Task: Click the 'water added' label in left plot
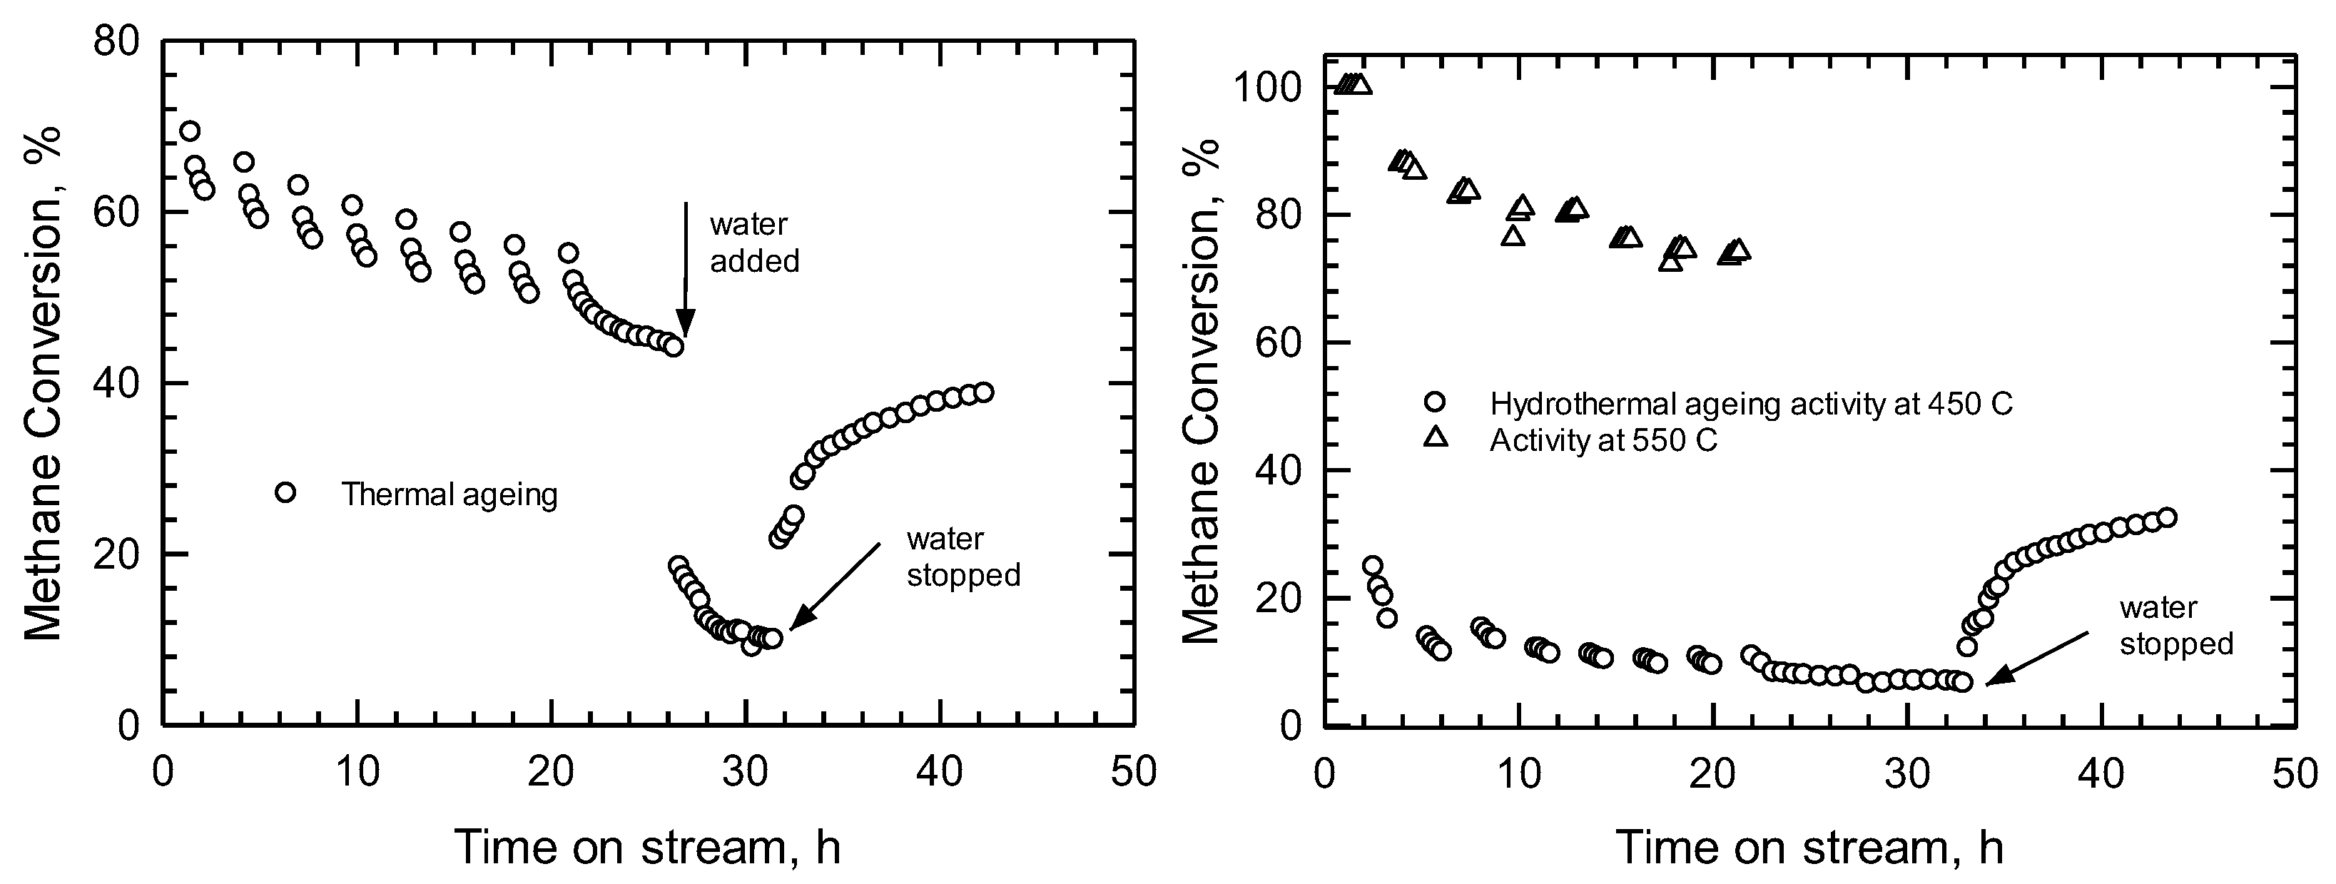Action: click(753, 243)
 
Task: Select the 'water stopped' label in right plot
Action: click(2175, 626)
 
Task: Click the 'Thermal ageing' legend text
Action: click(449, 495)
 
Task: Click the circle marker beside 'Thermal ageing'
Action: click(285, 492)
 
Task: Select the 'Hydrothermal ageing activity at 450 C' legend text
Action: click(1751, 403)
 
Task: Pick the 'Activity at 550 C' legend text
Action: click(1603, 441)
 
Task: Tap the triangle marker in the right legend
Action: click(1436, 438)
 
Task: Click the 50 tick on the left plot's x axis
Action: click(1134, 773)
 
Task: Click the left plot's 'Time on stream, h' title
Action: click(647, 847)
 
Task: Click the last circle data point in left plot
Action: click(983, 392)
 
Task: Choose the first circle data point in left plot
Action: click(190, 131)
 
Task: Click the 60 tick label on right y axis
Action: click(1277, 342)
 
